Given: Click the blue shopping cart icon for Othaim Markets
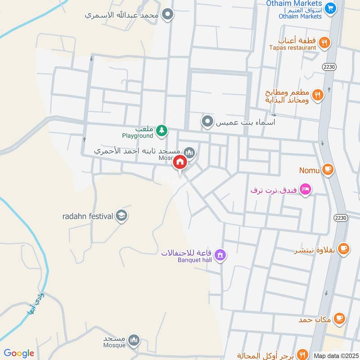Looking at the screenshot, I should click(331, 8).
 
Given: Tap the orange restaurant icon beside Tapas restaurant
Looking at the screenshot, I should click(324, 43).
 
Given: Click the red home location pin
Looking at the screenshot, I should click(180, 163).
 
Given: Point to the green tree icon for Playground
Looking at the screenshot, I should click(162, 131).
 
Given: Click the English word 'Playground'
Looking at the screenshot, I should click(138, 135).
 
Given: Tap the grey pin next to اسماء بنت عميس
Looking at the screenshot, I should click(207, 121).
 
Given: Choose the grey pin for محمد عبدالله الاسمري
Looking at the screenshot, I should click(168, 15).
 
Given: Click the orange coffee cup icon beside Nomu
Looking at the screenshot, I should click(328, 170).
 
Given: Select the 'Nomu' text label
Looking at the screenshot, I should click(310, 171).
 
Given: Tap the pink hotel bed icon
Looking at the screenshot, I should click(305, 189).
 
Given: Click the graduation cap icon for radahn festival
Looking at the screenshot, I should click(121, 216).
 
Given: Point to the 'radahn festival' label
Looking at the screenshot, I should click(87, 216).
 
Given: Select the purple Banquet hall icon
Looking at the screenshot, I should click(220, 255).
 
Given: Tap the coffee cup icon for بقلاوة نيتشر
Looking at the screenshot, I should click(343, 248).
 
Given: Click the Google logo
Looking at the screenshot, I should click(19, 353).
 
